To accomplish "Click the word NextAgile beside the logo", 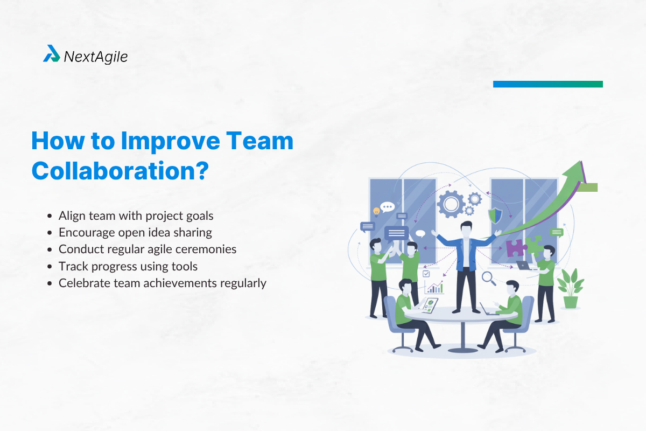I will coord(96,56).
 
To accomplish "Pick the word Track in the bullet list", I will coord(72,266).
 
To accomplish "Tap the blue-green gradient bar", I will coord(547,84).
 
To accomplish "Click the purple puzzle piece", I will coord(515,248).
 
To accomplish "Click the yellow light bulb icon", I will coord(376,211).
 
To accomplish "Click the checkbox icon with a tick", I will coord(426,274).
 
